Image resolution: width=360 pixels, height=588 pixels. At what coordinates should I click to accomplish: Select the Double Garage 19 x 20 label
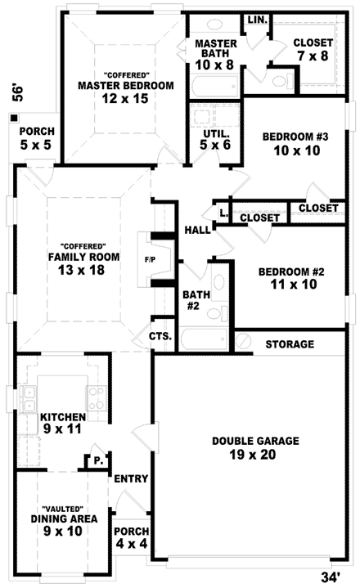click(255, 447)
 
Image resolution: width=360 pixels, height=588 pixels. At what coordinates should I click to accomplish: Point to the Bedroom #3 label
click(295, 145)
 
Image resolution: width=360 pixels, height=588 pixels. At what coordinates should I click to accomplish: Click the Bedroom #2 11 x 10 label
click(292, 279)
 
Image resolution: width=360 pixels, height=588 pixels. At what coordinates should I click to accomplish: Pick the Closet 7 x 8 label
click(313, 50)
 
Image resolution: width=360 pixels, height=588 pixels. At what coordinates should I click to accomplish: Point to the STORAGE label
click(290, 344)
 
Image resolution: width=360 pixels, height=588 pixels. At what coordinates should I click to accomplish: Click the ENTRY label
click(130, 479)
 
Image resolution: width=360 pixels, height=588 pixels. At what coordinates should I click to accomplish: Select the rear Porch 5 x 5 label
click(36, 137)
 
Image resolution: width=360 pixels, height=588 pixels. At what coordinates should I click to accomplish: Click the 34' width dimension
click(330, 577)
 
